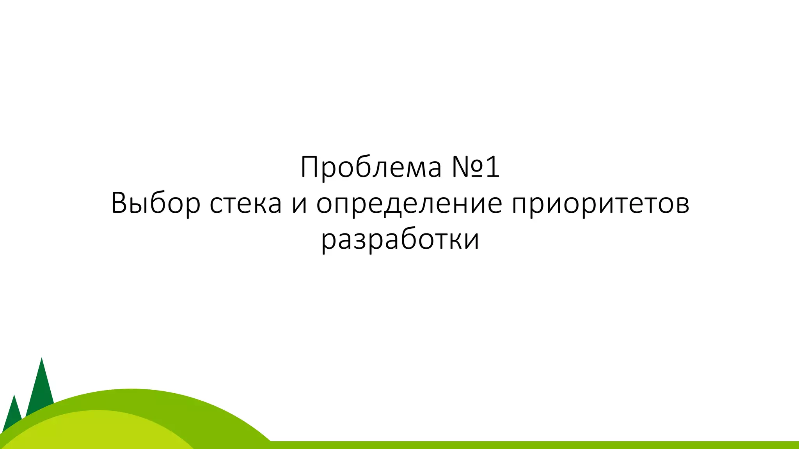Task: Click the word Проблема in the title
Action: (371, 168)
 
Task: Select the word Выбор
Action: (155, 203)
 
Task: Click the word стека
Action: (245, 203)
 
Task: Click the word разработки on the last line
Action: (400, 239)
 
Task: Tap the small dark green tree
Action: (14, 413)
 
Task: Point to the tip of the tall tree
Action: (41, 359)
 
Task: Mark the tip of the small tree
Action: (14, 396)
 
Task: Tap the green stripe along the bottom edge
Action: (546, 445)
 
